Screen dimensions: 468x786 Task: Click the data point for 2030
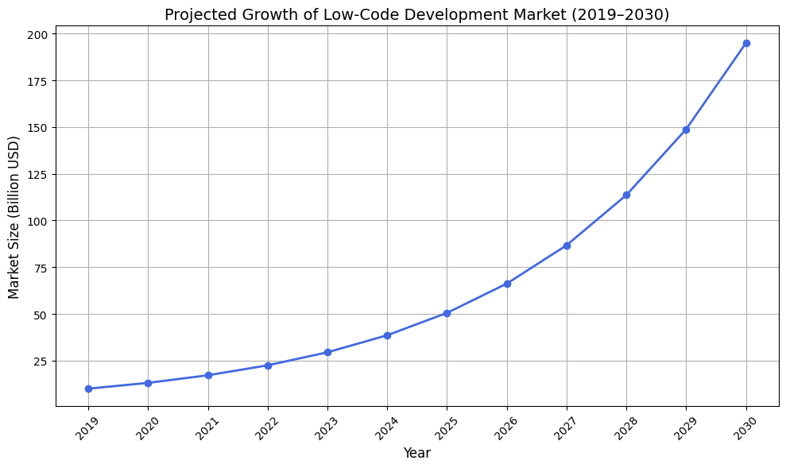[746, 43]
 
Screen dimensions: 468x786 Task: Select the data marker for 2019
[88, 389]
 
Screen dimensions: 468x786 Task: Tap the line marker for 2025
[447, 313]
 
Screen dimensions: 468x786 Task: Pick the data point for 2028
[626, 195]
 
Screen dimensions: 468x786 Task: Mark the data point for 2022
[268, 366]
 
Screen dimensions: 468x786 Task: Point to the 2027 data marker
[567, 246]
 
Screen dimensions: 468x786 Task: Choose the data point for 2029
[686, 130]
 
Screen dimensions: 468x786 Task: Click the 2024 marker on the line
[387, 335]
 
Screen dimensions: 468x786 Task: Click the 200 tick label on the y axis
[39, 34]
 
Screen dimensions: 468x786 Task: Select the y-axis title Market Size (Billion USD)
[14, 218]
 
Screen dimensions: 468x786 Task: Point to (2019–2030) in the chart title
[627, 14]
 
